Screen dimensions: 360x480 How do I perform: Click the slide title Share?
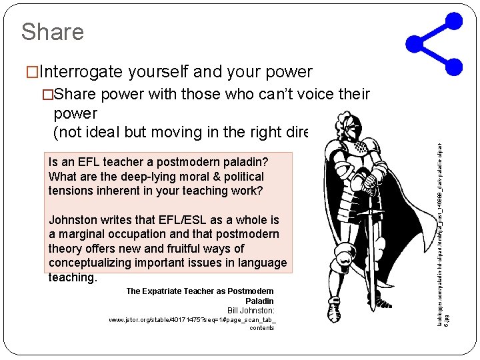coord(52,31)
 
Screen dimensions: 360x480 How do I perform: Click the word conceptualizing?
coord(93,263)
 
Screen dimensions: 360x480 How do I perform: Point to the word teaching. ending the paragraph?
coord(73,277)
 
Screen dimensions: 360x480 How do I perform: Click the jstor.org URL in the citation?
coord(192,320)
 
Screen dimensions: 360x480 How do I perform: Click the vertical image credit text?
coord(447,227)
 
